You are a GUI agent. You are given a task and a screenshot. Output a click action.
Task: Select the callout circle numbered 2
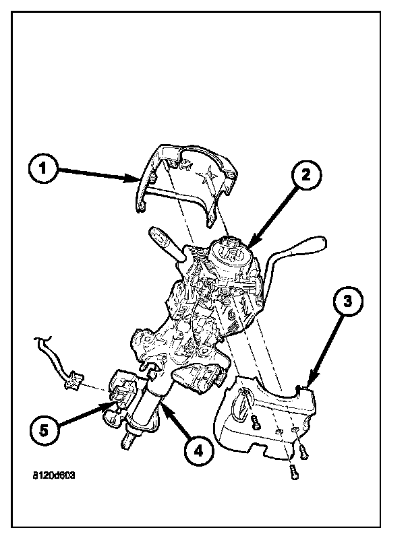point(305,176)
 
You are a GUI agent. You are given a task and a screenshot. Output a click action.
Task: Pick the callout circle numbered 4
point(196,452)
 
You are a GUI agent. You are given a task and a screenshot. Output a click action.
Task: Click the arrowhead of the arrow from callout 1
point(137,179)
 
